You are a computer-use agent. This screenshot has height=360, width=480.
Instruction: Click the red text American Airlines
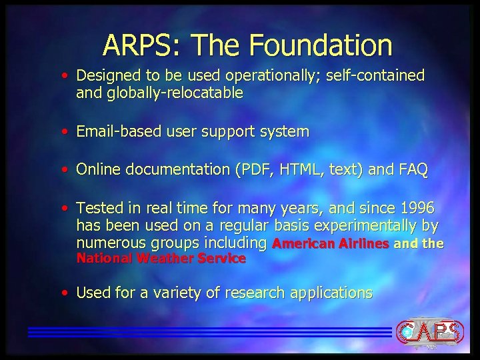point(331,244)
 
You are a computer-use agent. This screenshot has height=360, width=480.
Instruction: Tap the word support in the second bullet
point(217,132)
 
